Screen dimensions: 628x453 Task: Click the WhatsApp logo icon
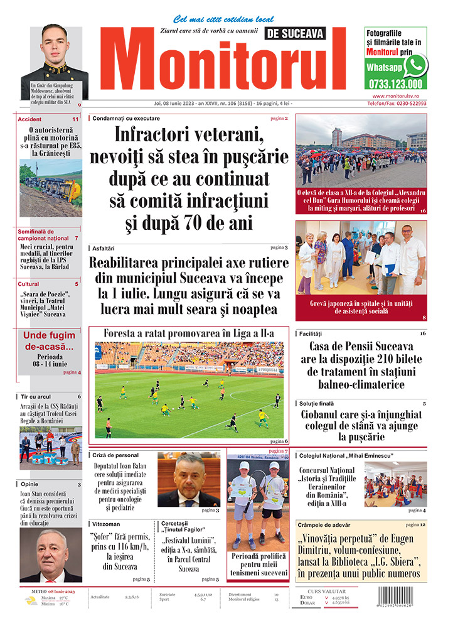point(415,65)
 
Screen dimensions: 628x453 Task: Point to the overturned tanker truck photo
point(50,180)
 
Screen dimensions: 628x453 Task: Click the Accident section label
point(30,119)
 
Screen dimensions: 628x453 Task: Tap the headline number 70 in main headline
point(205,224)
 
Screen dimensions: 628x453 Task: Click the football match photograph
point(189,389)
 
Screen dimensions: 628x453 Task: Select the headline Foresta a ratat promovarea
point(189,333)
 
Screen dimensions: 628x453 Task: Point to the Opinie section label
point(29,485)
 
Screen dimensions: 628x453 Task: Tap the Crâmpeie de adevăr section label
point(325,524)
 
